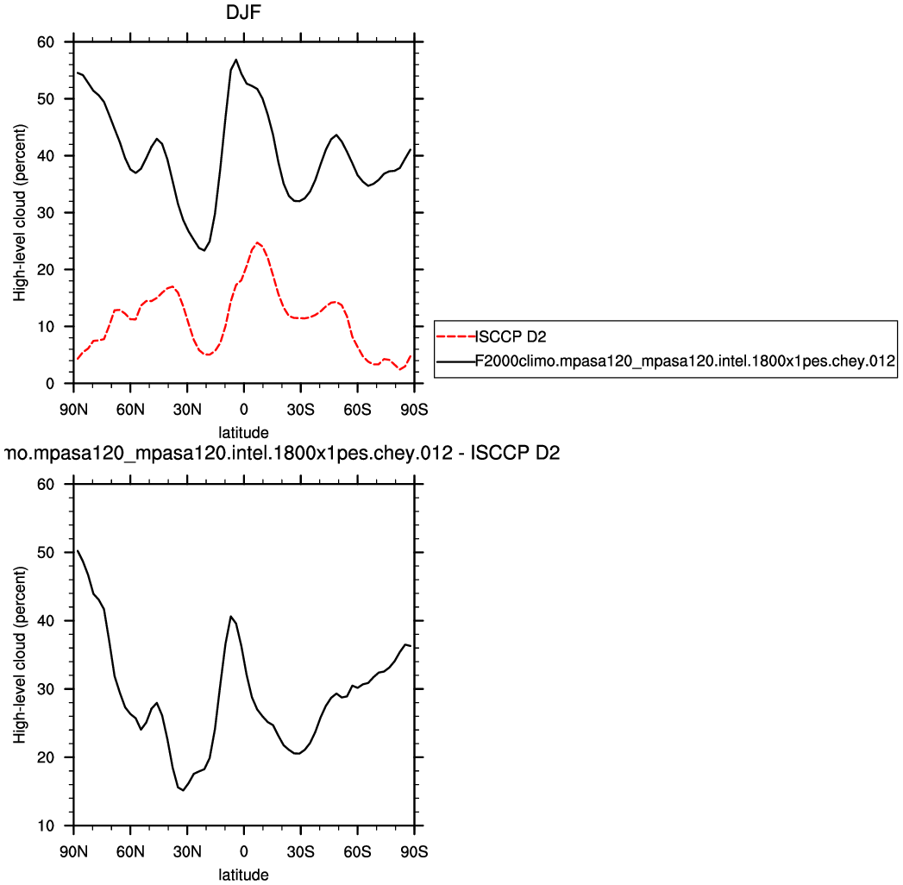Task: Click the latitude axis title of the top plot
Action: (244, 431)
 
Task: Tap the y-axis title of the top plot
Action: (19, 212)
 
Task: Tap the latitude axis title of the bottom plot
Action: (244, 875)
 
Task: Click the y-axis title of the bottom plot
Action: (19, 656)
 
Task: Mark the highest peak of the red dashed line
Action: (257, 242)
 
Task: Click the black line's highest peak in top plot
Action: (235, 60)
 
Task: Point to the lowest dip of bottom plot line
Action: (183, 790)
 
